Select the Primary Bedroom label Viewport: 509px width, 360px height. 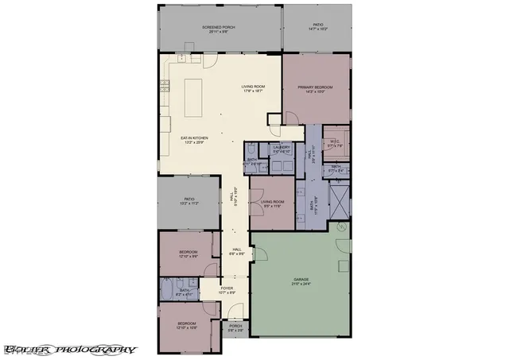pyautogui.click(x=314, y=89)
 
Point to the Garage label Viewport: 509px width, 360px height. pyautogui.click(x=301, y=281)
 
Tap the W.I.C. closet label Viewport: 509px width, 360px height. pyautogui.click(x=336, y=143)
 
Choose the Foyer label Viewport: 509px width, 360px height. pyautogui.click(x=227, y=290)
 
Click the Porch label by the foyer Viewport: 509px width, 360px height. pyautogui.click(x=235, y=327)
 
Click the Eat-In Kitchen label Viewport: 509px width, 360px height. pyautogui.click(x=193, y=141)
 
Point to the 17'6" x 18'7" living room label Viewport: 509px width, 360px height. pyautogui.click(x=253, y=88)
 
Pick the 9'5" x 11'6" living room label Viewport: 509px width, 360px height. pyautogui.click(x=273, y=204)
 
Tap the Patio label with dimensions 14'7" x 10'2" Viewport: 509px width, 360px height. pyautogui.click(x=317, y=27)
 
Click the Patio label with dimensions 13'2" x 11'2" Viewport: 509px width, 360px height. pyautogui.click(x=189, y=202)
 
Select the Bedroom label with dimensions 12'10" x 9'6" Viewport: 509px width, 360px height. pyautogui.click(x=188, y=254)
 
